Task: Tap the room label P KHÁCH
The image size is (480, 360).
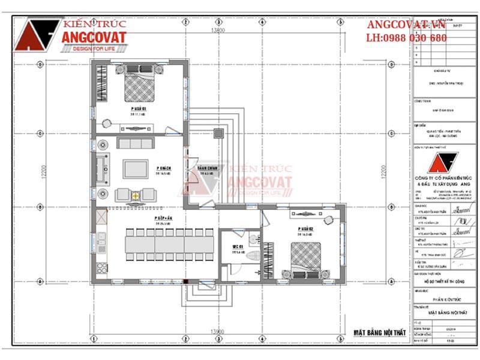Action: [163, 167]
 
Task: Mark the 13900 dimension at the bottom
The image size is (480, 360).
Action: [217, 331]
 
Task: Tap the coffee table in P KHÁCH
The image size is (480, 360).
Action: [136, 169]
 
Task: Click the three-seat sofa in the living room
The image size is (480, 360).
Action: [136, 143]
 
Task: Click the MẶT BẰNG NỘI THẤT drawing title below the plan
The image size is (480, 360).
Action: [379, 332]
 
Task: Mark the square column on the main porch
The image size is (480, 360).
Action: [219, 133]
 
